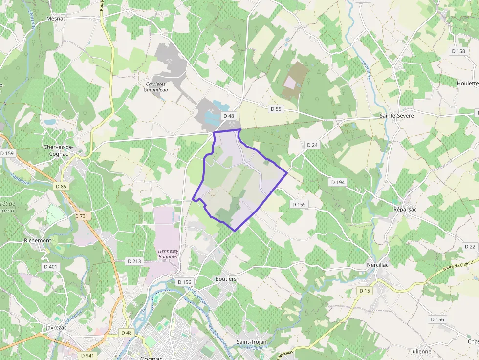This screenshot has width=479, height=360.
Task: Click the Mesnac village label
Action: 56,18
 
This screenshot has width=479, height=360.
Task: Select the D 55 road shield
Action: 275,109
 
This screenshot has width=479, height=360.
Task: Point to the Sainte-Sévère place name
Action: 397,116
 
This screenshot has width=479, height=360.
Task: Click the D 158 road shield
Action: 458,51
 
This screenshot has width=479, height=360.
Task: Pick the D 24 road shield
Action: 312,145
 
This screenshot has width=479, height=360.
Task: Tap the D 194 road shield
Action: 338,182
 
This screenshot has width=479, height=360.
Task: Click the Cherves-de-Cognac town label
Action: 58,150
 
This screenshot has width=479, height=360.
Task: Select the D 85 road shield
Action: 61,186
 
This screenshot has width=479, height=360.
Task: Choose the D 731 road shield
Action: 82,216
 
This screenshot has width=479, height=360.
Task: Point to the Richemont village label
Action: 38,241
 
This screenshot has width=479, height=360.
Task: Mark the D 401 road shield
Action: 50,267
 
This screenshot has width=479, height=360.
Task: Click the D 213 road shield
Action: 134,261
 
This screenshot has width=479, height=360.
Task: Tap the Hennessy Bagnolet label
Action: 168,254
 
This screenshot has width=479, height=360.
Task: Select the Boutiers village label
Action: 226,279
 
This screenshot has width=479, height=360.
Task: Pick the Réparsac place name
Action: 406,209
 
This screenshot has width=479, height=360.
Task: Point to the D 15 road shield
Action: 364,291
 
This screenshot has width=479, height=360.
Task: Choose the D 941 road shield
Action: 87,356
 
